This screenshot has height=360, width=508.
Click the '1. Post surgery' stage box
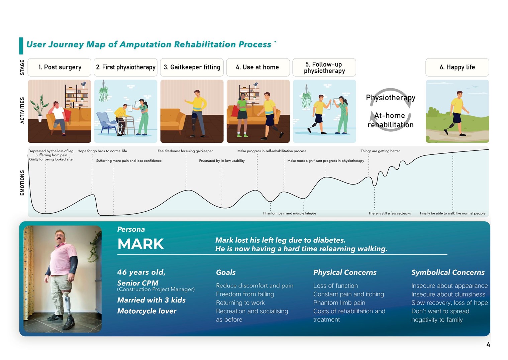point(60,67)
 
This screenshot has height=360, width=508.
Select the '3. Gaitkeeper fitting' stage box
point(192,67)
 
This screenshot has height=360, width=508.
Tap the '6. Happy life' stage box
point(457,67)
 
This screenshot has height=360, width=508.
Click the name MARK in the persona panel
point(140,244)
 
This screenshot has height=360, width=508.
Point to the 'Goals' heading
point(226,272)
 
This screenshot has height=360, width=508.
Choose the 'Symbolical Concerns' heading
point(448,272)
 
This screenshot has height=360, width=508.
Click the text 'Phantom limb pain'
point(339,303)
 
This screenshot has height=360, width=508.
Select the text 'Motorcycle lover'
point(147,311)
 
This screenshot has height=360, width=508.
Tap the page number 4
point(488,345)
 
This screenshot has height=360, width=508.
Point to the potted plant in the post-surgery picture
point(40,108)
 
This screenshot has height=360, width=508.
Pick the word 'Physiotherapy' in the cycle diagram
point(391,98)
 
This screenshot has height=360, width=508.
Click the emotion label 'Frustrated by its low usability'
point(222,161)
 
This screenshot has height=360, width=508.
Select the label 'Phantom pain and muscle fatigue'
point(290,213)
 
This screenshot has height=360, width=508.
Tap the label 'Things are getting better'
point(380,151)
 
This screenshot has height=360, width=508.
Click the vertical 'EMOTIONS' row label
point(22,183)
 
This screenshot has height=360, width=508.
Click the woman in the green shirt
point(242,115)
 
